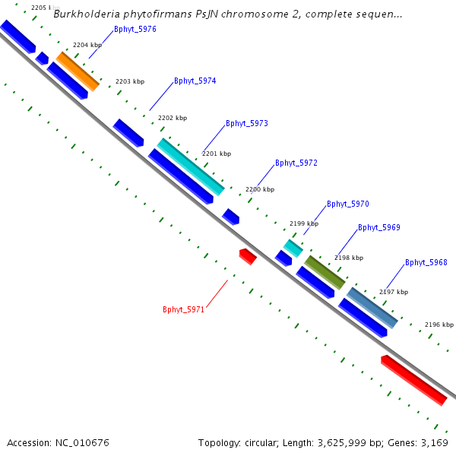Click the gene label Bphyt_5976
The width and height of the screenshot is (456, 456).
(x=135, y=30)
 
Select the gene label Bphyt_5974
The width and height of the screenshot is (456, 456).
(x=195, y=81)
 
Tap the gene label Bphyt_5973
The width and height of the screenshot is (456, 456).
(x=246, y=123)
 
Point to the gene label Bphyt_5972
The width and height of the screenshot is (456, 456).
(x=296, y=163)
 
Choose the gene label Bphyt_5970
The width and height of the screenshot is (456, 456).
(x=347, y=204)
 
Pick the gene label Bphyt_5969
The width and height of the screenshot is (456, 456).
(x=378, y=227)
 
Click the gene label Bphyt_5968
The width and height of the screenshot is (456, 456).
(x=426, y=262)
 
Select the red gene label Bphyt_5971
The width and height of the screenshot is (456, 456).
(x=184, y=309)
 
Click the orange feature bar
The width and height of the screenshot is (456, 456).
(x=78, y=71)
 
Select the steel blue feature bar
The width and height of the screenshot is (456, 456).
(x=372, y=307)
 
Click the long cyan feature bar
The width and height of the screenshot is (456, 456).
(x=191, y=166)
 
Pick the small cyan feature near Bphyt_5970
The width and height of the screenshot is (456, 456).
(x=293, y=248)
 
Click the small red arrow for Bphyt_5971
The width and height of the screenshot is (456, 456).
(x=248, y=256)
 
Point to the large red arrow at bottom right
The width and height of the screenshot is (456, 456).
(x=413, y=379)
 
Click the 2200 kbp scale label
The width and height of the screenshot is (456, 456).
(x=258, y=189)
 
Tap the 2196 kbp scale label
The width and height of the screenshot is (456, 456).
(x=439, y=325)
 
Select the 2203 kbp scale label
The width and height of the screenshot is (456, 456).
(x=129, y=81)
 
